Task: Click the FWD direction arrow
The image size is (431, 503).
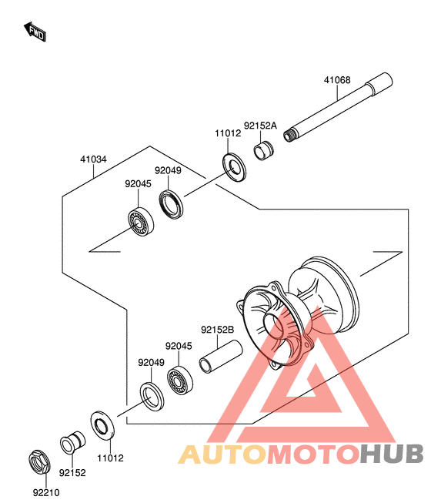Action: click(x=35, y=32)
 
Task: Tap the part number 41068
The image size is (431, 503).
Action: click(x=337, y=80)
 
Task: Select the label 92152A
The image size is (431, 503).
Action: click(x=260, y=126)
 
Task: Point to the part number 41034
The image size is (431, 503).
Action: click(x=93, y=159)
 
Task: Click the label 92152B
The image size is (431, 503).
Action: click(x=217, y=330)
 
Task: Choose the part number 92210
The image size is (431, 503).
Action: click(x=46, y=492)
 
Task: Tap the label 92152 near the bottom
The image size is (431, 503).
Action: click(x=72, y=472)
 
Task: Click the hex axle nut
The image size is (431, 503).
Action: click(x=39, y=461)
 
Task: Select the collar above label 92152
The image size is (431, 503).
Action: click(x=73, y=442)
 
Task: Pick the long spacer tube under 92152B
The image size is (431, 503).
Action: click(x=220, y=357)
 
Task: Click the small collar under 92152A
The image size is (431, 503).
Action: click(x=264, y=150)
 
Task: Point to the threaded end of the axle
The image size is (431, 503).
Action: click(x=289, y=135)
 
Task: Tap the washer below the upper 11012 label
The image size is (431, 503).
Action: click(x=235, y=167)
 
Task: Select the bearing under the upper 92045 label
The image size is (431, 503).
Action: click(x=141, y=222)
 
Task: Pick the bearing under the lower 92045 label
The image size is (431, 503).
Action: click(x=180, y=380)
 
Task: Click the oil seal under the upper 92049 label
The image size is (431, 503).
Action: click(x=171, y=204)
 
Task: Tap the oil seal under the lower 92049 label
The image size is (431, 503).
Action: click(x=152, y=396)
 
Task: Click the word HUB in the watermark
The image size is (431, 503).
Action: click(x=391, y=454)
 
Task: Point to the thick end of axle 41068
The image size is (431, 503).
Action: click(x=379, y=83)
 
